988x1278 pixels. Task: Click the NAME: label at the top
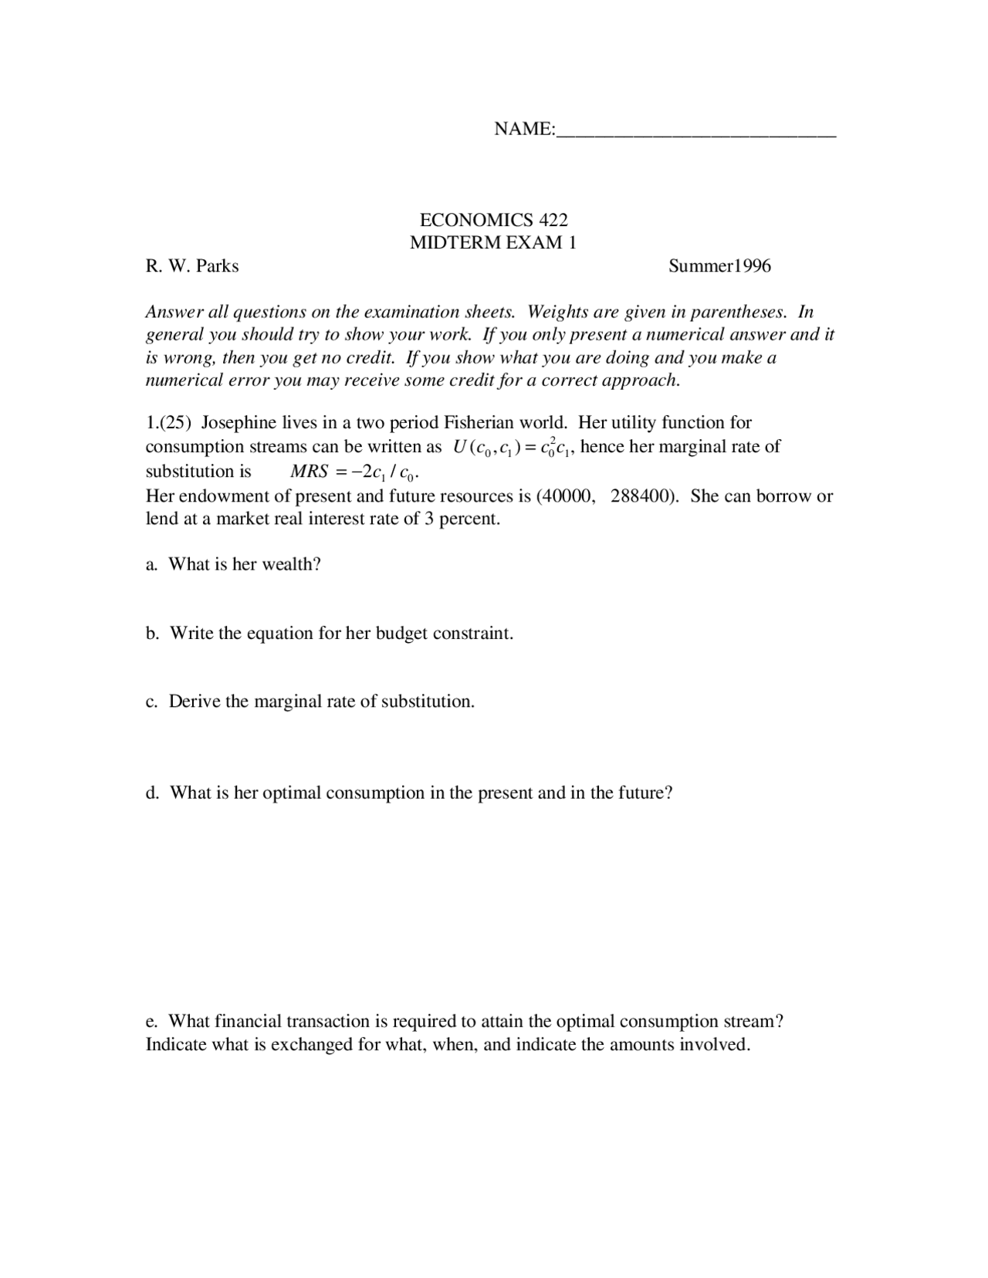524,129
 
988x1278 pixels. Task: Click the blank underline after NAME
695,131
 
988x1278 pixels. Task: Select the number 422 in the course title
553,220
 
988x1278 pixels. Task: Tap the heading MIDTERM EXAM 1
493,243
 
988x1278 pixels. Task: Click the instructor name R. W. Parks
192,266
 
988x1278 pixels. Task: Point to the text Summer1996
719,266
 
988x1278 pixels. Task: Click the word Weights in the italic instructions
557,312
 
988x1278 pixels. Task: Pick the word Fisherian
480,423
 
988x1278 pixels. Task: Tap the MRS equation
354,472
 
